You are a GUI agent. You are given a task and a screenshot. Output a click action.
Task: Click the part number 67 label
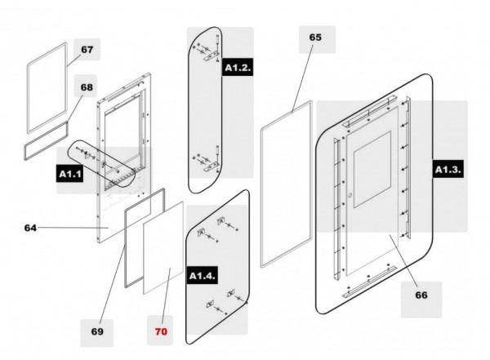(x=87, y=50)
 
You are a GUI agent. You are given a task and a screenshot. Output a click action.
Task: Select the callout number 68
(x=87, y=87)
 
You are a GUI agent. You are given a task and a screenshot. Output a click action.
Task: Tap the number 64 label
(x=30, y=228)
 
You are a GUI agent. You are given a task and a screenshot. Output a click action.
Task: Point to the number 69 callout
(x=97, y=331)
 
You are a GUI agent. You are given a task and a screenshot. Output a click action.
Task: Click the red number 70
(x=161, y=331)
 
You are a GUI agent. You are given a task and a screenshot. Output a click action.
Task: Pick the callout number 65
(x=315, y=38)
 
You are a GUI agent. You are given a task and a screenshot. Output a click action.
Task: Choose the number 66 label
(x=421, y=295)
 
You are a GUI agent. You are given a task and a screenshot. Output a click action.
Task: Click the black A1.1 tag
(x=70, y=174)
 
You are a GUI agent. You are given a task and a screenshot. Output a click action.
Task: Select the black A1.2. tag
(x=238, y=68)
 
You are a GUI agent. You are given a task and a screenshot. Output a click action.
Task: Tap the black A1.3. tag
(x=448, y=170)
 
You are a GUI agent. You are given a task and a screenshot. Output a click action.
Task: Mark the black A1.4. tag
(x=203, y=276)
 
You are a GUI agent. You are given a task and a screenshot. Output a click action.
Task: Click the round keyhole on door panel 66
(x=350, y=196)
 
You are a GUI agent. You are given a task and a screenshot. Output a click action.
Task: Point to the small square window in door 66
(x=372, y=169)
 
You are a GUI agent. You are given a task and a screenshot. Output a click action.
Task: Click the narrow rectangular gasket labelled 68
(x=46, y=141)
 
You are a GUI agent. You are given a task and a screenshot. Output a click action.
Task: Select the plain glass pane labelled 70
(x=163, y=248)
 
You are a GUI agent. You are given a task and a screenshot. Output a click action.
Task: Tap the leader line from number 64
(x=73, y=228)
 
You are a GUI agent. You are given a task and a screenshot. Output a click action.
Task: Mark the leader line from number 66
(x=403, y=260)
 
